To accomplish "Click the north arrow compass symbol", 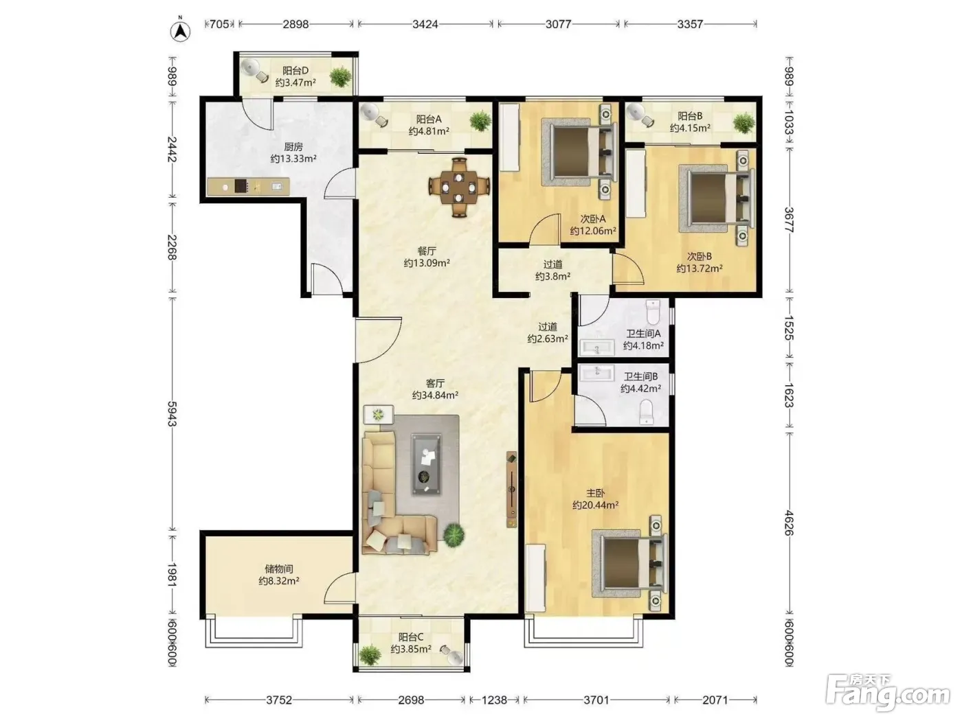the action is tap(180, 31).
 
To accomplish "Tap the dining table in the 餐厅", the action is tap(459, 187).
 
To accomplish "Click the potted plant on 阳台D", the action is tap(340, 78).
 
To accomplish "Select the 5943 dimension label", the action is tap(172, 413).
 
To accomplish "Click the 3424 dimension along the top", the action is tap(425, 24).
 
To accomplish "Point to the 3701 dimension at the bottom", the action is tap(596, 700).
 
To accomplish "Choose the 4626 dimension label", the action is tap(788, 523).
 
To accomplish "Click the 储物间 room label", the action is tap(279, 569).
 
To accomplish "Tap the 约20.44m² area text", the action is tap(595, 505).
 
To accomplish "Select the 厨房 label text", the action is tap(293, 147).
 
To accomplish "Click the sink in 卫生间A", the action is tap(597, 348).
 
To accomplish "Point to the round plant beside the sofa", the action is tap(454, 535).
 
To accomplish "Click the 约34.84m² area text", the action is tap(435, 396).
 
